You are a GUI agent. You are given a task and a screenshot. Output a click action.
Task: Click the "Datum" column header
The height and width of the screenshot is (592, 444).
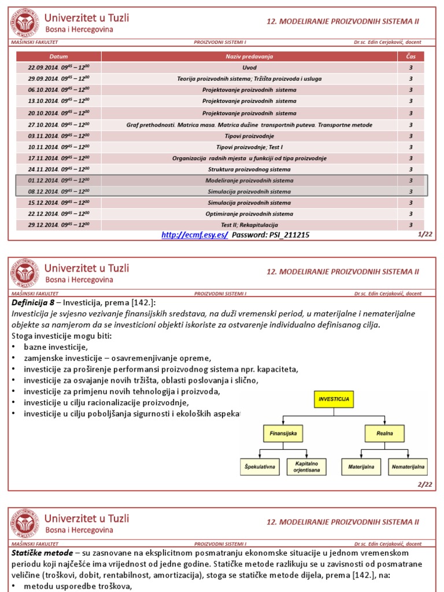coord(58,57)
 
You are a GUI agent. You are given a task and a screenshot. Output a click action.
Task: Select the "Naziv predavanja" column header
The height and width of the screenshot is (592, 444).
coord(249,57)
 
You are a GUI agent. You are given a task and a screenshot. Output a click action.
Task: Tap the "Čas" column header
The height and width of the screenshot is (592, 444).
coord(410,57)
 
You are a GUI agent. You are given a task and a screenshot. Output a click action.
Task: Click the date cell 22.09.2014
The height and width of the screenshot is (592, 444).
coord(58,68)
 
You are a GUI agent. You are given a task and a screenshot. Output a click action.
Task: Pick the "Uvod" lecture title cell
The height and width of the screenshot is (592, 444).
coord(249,68)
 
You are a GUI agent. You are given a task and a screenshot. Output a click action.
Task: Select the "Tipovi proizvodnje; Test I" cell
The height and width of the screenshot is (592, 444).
coord(249,147)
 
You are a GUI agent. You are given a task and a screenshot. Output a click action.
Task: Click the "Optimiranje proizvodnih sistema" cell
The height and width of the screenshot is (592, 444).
coord(249,214)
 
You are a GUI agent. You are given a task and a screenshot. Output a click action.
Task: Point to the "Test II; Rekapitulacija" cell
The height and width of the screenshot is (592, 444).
coord(249,225)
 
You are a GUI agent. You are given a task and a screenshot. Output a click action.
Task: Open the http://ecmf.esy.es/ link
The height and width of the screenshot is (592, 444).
coord(195,235)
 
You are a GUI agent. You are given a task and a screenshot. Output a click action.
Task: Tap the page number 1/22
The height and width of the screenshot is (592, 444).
coord(424,235)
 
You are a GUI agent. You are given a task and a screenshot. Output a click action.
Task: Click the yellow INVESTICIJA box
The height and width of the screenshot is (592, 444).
coord(334,399)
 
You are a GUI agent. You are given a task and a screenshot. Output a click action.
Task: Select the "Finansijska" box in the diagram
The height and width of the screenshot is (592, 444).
coord(283,432)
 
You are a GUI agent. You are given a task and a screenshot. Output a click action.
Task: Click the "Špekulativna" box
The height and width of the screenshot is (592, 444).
coord(260,466)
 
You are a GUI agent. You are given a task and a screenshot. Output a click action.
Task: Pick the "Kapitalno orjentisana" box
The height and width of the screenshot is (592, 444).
coord(306,466)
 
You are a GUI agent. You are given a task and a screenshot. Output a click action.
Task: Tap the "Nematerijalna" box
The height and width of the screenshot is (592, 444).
coord(408,466)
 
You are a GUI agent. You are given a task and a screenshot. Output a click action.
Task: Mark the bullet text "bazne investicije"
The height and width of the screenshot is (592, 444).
coord(55,347)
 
